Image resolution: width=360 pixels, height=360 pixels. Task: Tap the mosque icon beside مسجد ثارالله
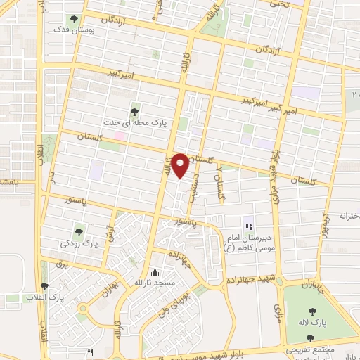[x=155, y=273]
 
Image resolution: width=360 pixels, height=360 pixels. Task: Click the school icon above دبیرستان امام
[x=248, y=226]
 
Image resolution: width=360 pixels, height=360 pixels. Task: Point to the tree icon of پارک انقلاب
[x=44, y=286]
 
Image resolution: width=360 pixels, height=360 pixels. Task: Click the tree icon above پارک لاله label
[x=310, y=311]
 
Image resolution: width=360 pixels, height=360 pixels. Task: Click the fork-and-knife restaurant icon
[x=89, y=351]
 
